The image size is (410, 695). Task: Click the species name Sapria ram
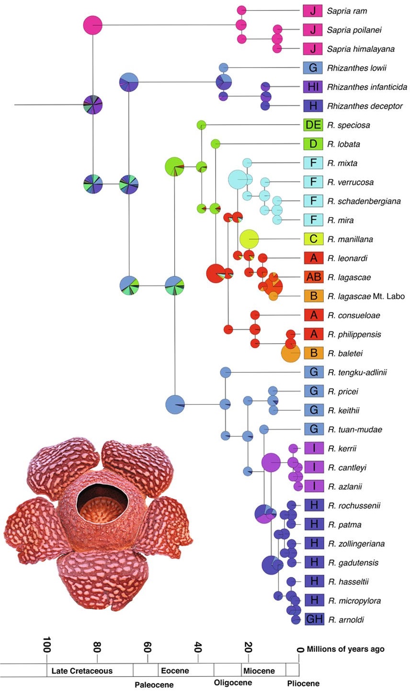point(347,11)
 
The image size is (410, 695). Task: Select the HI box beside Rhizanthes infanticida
point(313,87)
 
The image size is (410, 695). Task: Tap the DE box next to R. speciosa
point(313,125)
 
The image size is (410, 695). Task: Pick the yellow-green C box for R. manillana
point(313,239)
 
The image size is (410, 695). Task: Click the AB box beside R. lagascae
point(313,277)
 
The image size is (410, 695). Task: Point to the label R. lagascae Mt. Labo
point(366,296)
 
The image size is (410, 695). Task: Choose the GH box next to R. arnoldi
point(314,619)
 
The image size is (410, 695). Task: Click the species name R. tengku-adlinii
point(357,372)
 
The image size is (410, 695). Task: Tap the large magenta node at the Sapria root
point(93,25)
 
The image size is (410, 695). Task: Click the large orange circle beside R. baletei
point(290,353)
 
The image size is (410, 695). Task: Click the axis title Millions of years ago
point(345,649)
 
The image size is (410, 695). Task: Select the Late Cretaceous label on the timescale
point(82,671)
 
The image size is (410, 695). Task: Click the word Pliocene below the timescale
point(303,683)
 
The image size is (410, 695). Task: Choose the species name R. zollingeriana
point(357,544)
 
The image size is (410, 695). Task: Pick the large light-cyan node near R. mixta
point(238,179)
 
